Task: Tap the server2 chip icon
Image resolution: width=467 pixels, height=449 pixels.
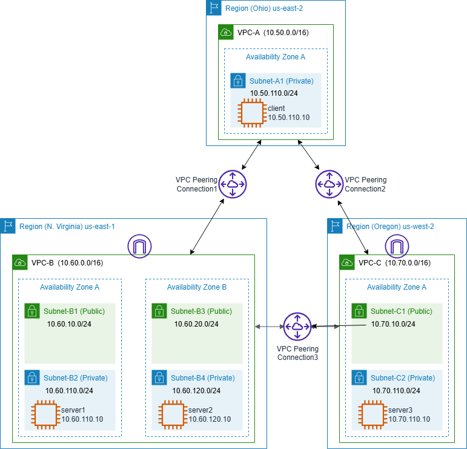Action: [x=173, y=414]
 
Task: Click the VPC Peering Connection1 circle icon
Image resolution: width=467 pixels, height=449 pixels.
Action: [x=232, y=184]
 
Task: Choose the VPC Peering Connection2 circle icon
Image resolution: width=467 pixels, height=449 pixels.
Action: [x=329, y=184]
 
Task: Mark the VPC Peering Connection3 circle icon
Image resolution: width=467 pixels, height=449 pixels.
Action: [x=297, y=327]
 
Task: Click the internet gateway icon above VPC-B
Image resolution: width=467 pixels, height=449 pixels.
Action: [x=140, y=247]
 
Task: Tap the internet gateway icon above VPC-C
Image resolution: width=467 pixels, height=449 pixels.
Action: [x=397, y=247]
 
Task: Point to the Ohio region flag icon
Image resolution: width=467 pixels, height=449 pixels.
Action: [x=213, y=8]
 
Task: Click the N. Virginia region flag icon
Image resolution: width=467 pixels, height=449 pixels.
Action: [x=8, y=226]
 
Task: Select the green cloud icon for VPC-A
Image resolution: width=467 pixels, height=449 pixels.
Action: [x=225, y=32]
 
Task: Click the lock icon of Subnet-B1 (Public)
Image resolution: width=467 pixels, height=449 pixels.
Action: [x=31, y=311]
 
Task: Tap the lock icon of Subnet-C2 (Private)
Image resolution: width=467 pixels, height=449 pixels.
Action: [x=359, y=377]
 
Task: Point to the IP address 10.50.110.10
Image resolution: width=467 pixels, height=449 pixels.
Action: [x=289, y=117]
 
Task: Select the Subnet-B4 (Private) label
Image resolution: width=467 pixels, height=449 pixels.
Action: [x=202, y=378]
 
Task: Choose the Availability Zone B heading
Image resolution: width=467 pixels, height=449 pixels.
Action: [x=197, y=287]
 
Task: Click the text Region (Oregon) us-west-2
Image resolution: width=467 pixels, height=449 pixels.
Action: [x=390, y=227]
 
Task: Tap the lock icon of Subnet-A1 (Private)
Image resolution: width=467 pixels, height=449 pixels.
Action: [x=237, y=81]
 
